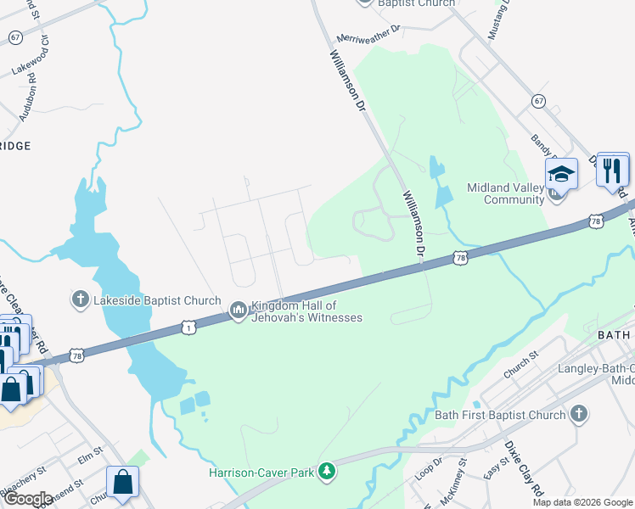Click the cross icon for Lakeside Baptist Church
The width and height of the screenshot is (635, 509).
pyautogui.click(x=80, y=298)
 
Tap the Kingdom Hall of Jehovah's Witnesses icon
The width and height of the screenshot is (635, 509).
pyautogui.click(x=238, y=311)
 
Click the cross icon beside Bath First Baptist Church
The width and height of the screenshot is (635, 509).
pyautogui.click(x=578, y=414)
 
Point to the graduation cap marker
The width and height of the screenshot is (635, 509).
pyautogui.click(x=560, y=175)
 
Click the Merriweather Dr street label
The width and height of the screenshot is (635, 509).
pyautogui.click(x=368, y=33)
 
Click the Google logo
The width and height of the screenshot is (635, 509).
pyautogui.click(x=27, y=499)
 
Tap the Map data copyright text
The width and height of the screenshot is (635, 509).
pyautogui.click(x=582, y=502)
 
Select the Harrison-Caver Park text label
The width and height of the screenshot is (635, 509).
pyautogui.click(x=262, y=472)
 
